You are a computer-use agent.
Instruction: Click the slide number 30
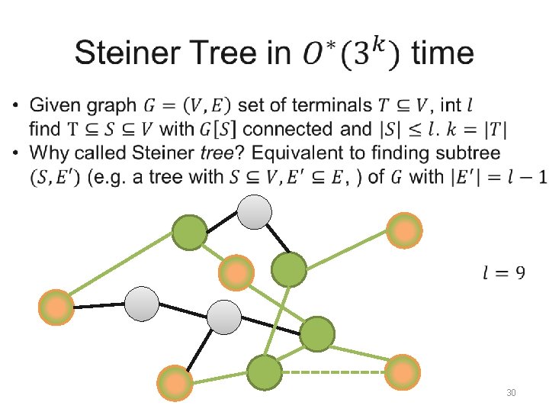(x=512, y=393)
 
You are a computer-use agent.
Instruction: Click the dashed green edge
(x=334, y=372)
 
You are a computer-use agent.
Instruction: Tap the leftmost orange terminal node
(x=56, y=307)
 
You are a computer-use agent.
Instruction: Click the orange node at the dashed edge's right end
(x=402, y=372)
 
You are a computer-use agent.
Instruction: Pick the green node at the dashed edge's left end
(x=265, y=373)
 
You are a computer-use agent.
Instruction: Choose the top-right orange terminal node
(x=403, y=230)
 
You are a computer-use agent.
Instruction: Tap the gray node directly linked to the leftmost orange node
(x=141, y=304)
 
